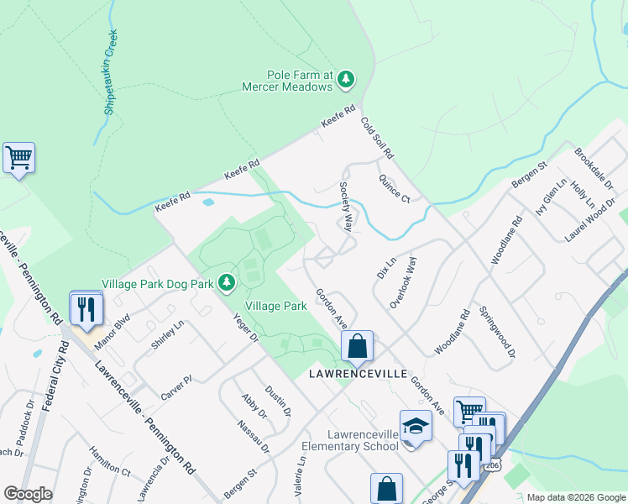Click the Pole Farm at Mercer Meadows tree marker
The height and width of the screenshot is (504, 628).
click(x=346, y=80)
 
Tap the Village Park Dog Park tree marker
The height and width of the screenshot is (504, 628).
click(x=226, y=283)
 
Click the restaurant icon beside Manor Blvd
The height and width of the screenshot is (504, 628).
click(x=86, y=310)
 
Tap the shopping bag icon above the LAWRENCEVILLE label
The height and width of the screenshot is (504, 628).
click(x=357, y=344)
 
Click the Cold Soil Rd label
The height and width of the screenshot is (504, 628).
click(x=377, y=139)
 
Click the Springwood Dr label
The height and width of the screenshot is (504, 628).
click(x=495, y=333)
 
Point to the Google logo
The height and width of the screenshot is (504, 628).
click(x=28, y=494)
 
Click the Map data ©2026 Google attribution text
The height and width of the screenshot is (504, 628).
click(x=575, y=497)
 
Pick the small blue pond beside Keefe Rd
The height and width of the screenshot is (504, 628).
click(x=208, y=202)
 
